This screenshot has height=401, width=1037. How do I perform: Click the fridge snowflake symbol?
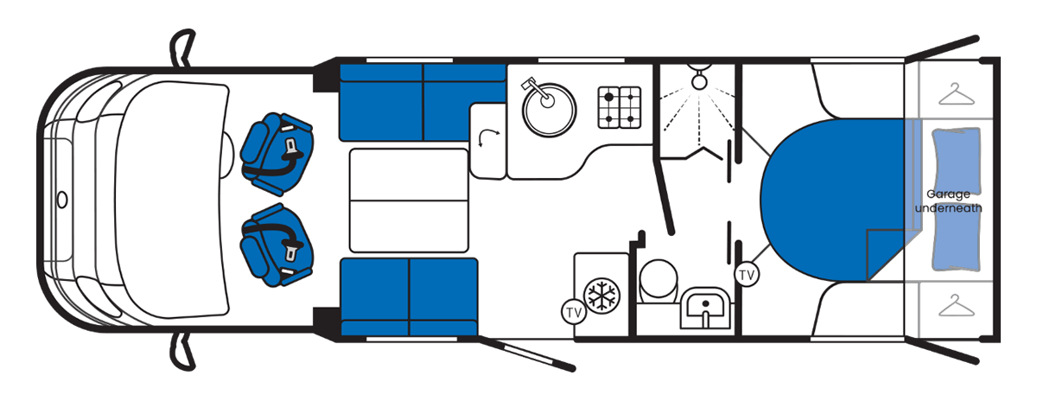pyautogui.click(x=601, y=295)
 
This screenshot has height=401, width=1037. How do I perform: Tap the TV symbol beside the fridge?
pyautogui.click(x=574, y=313)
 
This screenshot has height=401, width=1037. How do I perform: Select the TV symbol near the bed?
pyautogui.click(x=747, y=275)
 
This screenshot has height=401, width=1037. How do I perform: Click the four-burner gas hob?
pyautogui.click(x=620, y=107)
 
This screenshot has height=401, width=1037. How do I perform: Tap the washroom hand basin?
pyautogui.click(x=704, y=309)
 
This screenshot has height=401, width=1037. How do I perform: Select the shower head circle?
pyautogui.click(x=699, y=81)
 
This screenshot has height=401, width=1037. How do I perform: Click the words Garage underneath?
pyautogui.click(x=948, y=201)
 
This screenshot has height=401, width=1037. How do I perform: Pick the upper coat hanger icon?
pyautogui.click(x=957, y=94)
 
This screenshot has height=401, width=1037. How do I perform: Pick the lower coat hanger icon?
pyautogui.click(x=957, y=305)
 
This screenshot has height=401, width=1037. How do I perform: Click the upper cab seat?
pyautogui.click(x=277, y=154)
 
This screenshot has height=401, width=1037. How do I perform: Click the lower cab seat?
pyautogui.click(x=277, y=245)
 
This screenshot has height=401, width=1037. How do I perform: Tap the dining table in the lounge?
pyautogui.click(x=409, y=200)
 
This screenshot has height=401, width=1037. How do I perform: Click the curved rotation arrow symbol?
pyautogui.click(x=488, y=138)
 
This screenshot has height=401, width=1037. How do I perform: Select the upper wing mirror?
pyautogui.click(x=183, y=48)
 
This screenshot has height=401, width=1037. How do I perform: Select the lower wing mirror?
pyautogui.click(x=183, y=352)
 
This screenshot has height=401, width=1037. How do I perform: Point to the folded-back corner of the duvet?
pyautogui.click(x=884, y=255)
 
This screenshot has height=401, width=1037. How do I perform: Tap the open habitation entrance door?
pyautogui.click(x=526, y=354)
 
